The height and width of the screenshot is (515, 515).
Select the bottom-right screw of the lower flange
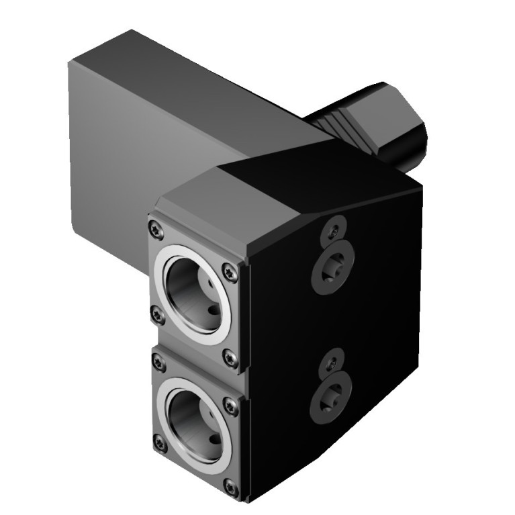pyautogui.click(x=232, y=485)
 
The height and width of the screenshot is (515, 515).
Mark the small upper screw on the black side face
pyautogui.click(x=332, y=231)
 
